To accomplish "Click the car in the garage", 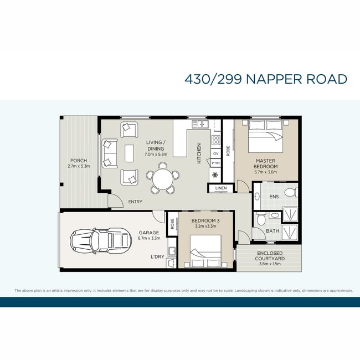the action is click(101, 240).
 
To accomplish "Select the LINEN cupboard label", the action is click(221, 188).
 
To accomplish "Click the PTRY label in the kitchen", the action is click(216, 163).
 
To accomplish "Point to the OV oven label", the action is click(216, 153).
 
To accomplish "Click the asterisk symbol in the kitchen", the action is click(215, 176).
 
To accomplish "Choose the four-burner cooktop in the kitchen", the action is click(216, 140).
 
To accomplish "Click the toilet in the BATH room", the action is click(261, 219).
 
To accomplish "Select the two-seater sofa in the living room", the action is click(110, 153).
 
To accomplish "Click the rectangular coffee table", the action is click(129, 153).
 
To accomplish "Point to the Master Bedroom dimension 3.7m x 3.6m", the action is click(265, 172).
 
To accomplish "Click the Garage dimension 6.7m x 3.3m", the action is click(149, 238).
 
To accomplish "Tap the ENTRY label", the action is click(135, 202).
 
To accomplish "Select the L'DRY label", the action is click(157, 256).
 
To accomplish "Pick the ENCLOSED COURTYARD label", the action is click(270, 256).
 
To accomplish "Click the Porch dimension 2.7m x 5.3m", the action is click(79, 166).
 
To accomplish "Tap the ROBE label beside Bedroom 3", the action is click(172, 224).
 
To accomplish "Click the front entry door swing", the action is click(116, 200).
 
